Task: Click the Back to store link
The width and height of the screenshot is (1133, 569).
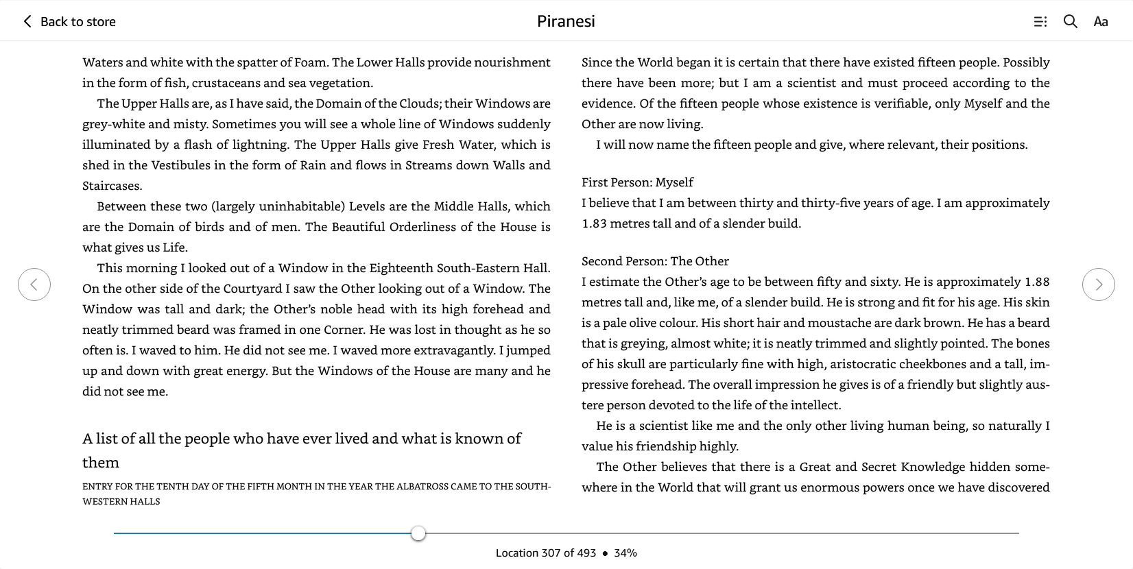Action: (69, 21)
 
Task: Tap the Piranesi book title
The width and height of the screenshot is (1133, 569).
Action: (566, 21)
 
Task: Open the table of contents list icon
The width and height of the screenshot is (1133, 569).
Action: (1040, 22)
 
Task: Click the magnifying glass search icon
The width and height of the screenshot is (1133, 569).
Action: (1070, 21)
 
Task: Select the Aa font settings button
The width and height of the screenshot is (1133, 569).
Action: (1101, 22)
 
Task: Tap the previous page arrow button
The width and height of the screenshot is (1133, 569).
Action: (34, 284)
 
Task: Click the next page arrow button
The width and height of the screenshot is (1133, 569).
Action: (1098, 284)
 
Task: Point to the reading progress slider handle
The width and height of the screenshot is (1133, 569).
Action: (418, 533)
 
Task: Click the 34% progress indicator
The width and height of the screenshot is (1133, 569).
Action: (625, 553)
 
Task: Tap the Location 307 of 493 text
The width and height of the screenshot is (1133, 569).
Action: (546, 553)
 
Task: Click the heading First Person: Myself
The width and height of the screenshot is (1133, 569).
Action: (637, 182)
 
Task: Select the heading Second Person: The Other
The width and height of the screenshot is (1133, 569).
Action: (655, 261)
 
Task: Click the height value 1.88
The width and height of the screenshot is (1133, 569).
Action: (1037, 282)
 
